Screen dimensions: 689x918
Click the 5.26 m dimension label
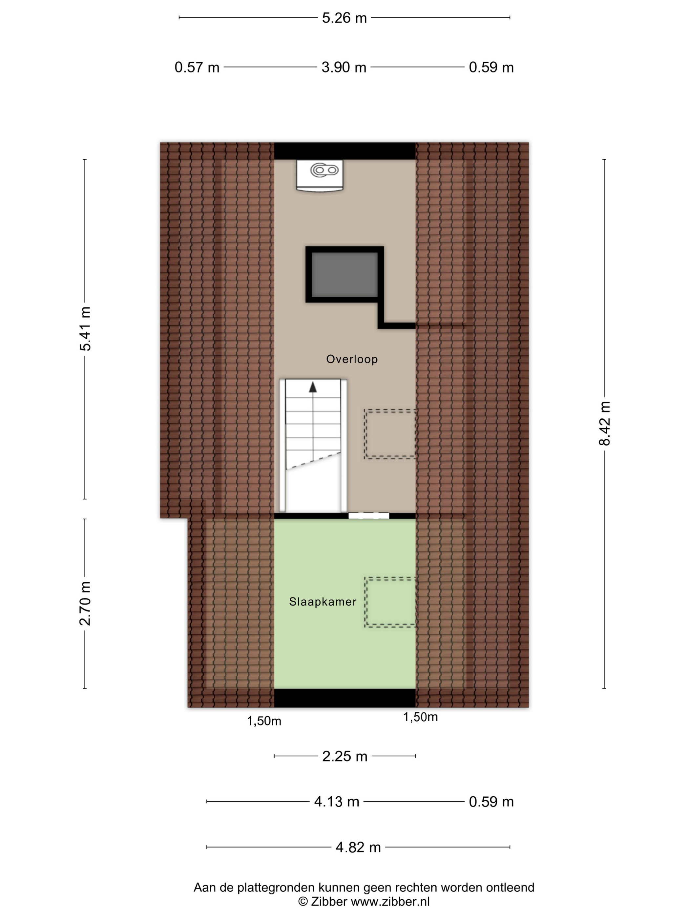click(x=344, y=18)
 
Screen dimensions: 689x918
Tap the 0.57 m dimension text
click(x=197, y=67)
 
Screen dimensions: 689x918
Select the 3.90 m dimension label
click(x=344, y=67)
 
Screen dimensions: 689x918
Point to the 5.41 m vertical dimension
click(x=85, y=329)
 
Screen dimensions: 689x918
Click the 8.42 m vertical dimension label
click(x=604, y=423)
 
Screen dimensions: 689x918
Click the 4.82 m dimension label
click(x=358, y=847)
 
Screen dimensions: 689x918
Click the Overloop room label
click(x=352, y=359)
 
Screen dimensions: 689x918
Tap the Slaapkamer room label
click(x=323, y=602)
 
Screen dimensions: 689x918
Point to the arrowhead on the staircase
click(x=313, y=387)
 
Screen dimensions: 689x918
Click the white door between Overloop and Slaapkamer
click(x=369, y=516)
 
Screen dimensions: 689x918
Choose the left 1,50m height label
click(x=264, y=721)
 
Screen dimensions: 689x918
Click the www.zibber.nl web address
click(x=390, y=901)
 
